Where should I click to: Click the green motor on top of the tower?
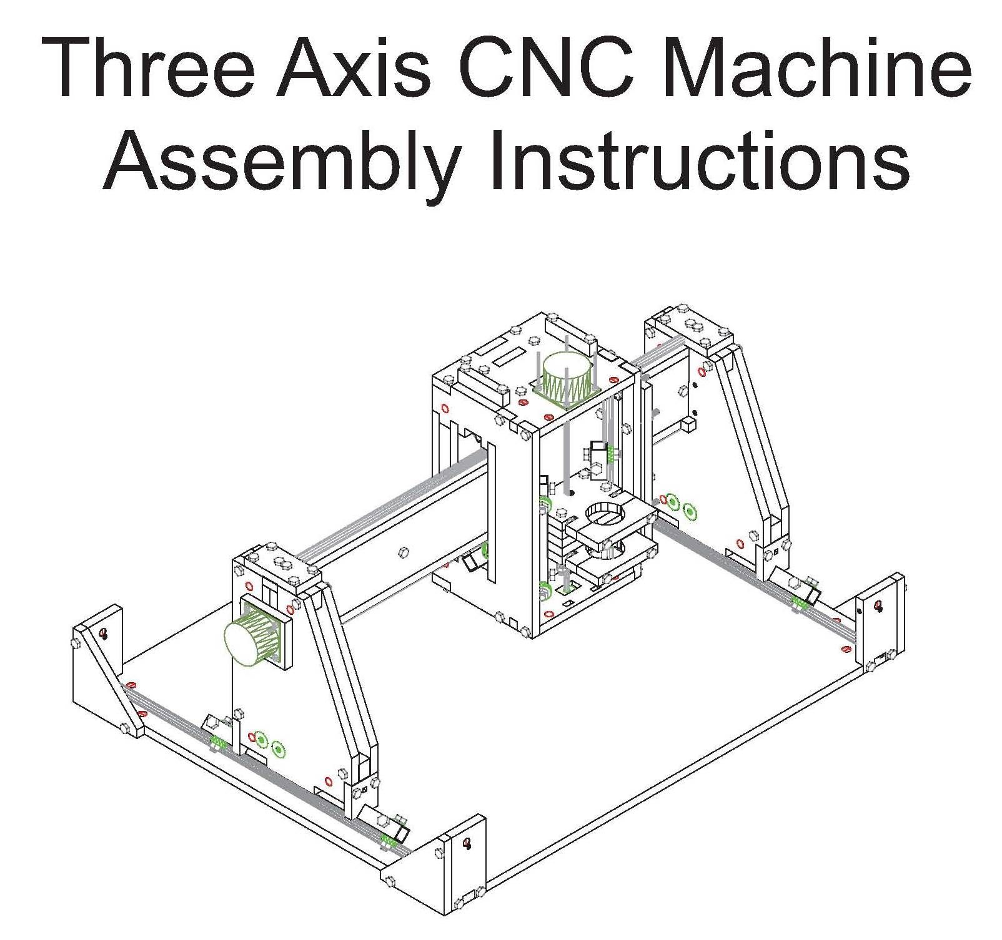[567, 375]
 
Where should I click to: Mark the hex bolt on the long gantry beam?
[404, 552]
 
